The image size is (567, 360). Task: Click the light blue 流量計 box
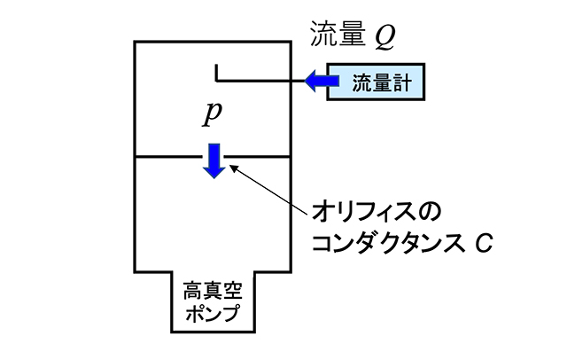coord(376,82)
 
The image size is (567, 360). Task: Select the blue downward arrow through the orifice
coord(214,159)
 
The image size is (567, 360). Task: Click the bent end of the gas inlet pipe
coord(216,73)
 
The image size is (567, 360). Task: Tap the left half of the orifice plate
coord(167,158)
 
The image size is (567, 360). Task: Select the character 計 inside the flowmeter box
coord(405,82)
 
